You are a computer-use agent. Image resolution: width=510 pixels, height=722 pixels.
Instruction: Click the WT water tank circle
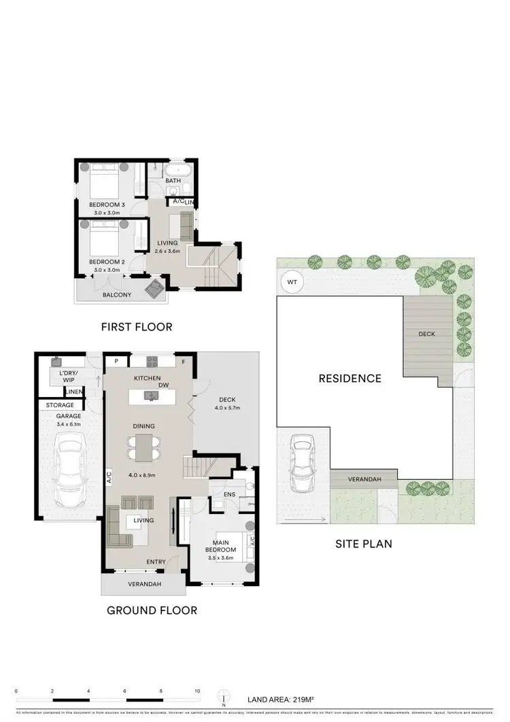click(x=292, y=281)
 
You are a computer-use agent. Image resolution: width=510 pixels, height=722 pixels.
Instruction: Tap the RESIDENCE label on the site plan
click(x=350, y=378)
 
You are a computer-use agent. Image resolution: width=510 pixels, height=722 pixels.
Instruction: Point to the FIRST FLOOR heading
click(x=137, y=327)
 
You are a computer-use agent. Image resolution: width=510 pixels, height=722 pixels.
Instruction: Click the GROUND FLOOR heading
click(x=152, y=611)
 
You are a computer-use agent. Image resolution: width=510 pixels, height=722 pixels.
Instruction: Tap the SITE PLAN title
click(x=364, y=544)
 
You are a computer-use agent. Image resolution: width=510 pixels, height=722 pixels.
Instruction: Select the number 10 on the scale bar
click(x=197, y=691)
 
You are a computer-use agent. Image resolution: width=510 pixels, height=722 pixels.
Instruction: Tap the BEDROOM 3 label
click(x=107, y=205)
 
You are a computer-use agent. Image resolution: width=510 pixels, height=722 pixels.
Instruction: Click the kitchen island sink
click(x=148, y=395)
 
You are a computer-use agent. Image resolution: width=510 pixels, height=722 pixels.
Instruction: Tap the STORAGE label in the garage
click(x=60, y=405)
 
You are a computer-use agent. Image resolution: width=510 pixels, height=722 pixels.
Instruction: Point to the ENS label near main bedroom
click(x=230, y=494)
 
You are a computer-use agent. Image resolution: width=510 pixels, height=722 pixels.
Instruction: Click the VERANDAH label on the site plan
click(x=364, y=479)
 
